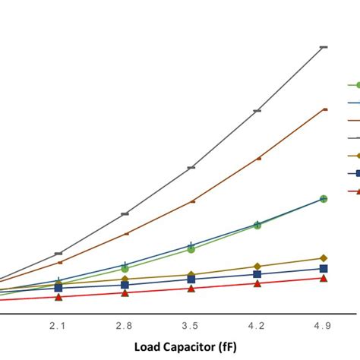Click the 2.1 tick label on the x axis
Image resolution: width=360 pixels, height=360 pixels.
point(58,326)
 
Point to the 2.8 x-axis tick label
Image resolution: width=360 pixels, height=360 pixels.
point(125,326)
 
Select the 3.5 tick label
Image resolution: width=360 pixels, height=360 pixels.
point(191,326)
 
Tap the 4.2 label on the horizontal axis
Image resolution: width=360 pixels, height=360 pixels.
point(257,326)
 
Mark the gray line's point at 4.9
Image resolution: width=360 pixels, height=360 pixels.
point(324,47)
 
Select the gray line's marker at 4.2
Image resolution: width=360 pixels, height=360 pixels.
point(257,111)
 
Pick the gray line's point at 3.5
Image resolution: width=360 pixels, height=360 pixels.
point(191,167)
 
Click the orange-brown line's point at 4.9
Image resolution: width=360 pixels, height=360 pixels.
point(324,109)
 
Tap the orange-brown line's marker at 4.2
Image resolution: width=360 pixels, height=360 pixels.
point(257,159)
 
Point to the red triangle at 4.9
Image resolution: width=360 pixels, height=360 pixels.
point(324,279)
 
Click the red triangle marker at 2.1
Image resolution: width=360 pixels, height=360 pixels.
point(58,297)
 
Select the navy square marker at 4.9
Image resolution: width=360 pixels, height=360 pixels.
point(324,269)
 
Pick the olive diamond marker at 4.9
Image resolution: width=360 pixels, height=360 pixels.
point(324,258)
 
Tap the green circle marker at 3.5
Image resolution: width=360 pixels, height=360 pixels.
point(191,249)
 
